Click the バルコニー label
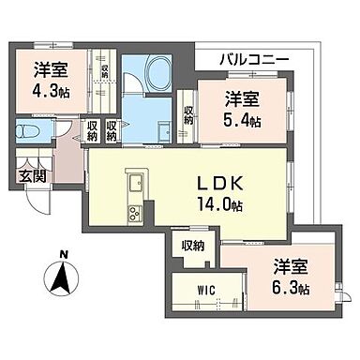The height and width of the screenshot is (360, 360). point(254,59)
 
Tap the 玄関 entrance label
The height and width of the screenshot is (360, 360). point(29,174)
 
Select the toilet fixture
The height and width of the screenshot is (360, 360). point(29,134)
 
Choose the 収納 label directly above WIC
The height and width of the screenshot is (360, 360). point(192,246)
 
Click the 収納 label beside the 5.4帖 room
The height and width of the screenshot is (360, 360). point(188,116)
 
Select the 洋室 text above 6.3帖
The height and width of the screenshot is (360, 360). point(292,265)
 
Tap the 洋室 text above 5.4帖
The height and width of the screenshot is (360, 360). point(243,97)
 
